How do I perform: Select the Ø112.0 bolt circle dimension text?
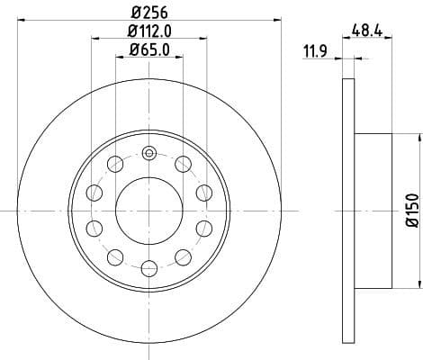click(x=148, y=33)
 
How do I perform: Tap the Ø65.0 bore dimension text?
click(x=148, y=52)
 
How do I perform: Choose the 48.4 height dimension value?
click(x=368, y=30)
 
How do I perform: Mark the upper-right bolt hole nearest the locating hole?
click(x=183, y=163)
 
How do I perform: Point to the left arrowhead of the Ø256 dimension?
click(x=22, y=19)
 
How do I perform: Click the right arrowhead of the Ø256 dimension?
click(x=278, y=19)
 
